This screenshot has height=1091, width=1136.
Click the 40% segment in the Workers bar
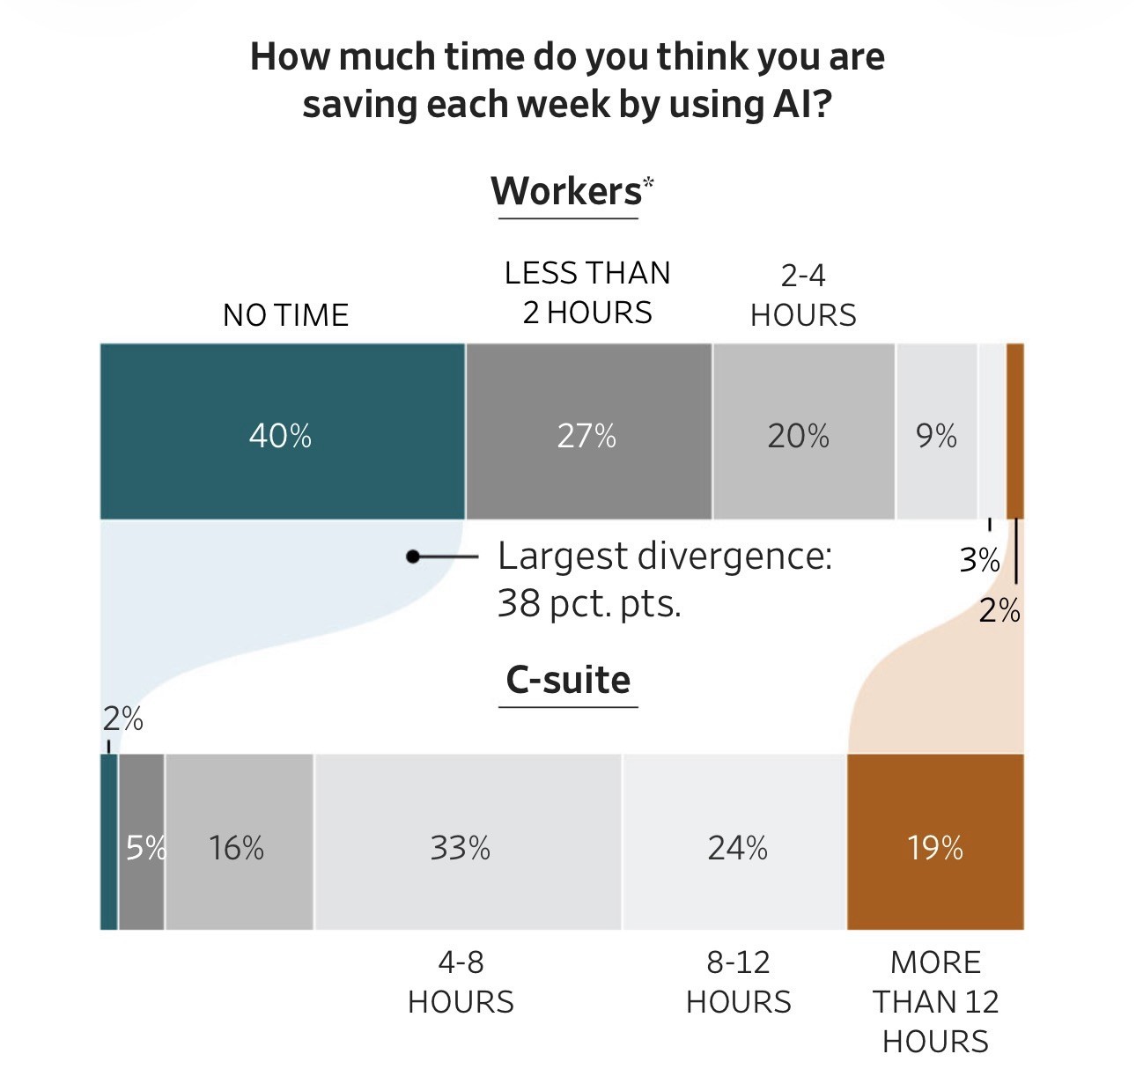[282, 431]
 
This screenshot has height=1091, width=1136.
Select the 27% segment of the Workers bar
[588, 431]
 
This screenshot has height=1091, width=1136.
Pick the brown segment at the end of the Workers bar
[1014, 431]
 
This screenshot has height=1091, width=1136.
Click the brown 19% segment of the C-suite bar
[935, 842]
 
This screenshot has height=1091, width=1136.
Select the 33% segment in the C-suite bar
[467, 842]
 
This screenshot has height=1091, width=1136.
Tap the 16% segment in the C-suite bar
[239, 842]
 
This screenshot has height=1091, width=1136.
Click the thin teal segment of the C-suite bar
[108, 842]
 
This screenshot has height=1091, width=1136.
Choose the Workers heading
[567, 191]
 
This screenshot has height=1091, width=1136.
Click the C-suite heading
[568, 680]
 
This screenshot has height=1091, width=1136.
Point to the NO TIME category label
[285, 315]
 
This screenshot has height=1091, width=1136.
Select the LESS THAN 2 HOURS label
[587, 292]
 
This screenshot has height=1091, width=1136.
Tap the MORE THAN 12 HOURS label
[935, 1001]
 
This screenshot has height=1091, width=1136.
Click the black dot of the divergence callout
[412, 557]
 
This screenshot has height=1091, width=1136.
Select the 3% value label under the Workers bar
[979, 560]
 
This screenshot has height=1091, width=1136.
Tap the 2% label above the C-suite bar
[122, 719]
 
